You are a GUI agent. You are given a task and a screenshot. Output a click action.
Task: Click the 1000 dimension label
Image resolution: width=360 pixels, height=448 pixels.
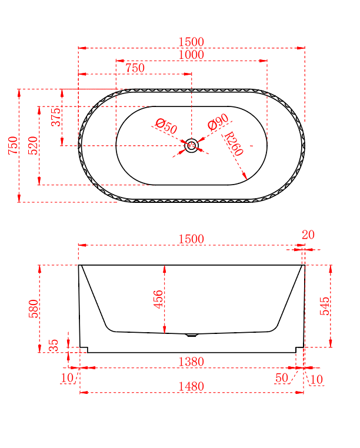pyautogui.click(x=192, y=55)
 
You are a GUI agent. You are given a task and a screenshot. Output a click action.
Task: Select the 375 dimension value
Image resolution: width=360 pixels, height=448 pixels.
pyautogui.click(x=56, y=117)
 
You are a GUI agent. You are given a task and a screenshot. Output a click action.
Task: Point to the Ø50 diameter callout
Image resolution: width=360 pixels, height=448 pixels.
pyautogui.click(x=166, y=126)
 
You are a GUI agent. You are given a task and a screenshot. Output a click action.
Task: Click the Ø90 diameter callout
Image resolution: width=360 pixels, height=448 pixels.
pyautogui.click(x=218, y=123)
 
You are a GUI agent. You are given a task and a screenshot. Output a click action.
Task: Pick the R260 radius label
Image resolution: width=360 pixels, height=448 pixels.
pyautogui.click(x=234, y=143)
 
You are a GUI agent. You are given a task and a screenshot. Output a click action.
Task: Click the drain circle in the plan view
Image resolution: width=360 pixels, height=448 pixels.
pyautogui.click(x=192, y=146)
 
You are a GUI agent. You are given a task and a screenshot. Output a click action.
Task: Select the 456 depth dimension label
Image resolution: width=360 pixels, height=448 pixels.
pyautogui.click(x=158, y=299)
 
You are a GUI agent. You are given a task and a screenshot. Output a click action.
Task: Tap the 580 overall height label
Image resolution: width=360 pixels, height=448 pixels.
pyautogui.click(x=34, y=308)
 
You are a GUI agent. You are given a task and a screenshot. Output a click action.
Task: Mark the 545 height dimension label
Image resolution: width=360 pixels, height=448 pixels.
pyautogui.click(x=325, y=306)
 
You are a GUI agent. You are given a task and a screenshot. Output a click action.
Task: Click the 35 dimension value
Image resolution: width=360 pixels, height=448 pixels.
pyautogui.click(x=54, y=345)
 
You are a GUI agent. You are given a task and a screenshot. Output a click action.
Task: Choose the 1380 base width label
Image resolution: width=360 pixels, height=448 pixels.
pyautogui.click(x=192, y=362)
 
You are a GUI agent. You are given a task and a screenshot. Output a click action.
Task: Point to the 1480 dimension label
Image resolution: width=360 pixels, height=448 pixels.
pyautogui.click(x=192, y=386)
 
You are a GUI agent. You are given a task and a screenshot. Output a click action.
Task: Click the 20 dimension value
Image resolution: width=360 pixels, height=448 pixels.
pyautogui.click(x=308, y=235)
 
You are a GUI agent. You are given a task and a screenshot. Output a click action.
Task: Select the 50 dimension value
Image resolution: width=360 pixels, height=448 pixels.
pyautogui.click(x=282, y=378)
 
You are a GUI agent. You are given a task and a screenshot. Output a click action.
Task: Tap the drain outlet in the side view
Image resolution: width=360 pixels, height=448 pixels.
pyautogui.click(x=192, y=335)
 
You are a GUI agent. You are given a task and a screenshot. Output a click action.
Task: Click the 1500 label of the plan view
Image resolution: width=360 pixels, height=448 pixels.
pyautogui.click(x=192, y=42)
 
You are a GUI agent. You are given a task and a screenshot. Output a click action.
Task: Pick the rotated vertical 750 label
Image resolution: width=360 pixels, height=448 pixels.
pyautogui.click(x=13, y=145)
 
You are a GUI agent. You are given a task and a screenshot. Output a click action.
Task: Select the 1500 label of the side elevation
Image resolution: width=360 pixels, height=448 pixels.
pyautogui.click(x=192, y=239)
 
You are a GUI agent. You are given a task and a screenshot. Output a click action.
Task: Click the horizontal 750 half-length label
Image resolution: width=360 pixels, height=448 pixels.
pyautogui.click(x=135, y=68)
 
